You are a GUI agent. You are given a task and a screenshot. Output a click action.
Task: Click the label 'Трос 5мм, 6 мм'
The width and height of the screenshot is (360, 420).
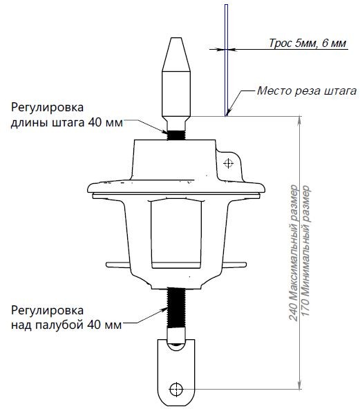click(x=307, y=43)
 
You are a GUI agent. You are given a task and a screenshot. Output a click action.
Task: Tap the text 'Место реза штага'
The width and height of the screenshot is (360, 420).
click(x=307, y=90)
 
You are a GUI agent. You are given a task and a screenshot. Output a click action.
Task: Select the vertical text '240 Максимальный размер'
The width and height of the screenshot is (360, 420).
click(x=294, y=253)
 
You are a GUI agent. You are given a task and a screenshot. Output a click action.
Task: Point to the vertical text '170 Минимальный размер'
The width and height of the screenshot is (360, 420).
click(x=305, y=251)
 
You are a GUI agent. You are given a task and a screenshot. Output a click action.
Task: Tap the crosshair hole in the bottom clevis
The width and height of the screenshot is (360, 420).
click(x=176, y=389)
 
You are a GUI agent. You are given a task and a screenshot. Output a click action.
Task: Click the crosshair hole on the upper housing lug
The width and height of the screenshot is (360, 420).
click(x=228, y=163)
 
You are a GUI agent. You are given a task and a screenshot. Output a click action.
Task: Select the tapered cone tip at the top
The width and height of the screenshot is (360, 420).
click(x=176, y=55)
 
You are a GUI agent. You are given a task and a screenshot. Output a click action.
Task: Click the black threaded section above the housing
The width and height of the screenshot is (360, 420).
click(x=176, y=135)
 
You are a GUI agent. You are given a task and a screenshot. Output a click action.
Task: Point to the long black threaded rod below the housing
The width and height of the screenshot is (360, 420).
click(x=176, y=308)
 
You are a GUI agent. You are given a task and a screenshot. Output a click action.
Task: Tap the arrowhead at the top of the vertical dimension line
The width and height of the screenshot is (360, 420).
click(x=300, y=120)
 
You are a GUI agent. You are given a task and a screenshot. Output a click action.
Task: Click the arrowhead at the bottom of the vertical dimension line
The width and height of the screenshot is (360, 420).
click(x=300, y=385)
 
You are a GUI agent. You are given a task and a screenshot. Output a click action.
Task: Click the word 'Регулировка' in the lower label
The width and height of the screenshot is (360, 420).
click(x=47, y=311)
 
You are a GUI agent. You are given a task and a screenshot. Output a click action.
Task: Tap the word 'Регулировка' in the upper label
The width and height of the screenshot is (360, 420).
click(x=47, y=108)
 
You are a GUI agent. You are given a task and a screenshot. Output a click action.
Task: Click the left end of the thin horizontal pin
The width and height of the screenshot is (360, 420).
click(x=107, y=265)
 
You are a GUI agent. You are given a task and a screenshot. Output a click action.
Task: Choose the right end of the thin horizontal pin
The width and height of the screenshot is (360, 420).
click(x=245, y=265)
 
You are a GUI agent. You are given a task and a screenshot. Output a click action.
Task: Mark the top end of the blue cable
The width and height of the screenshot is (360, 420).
click(x=227, y=5)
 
